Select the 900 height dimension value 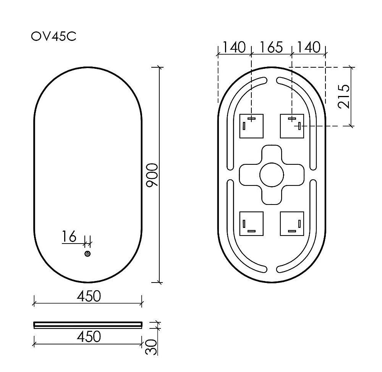click(152, 175)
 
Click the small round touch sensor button click(87, 254)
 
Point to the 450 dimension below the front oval click(89, 296)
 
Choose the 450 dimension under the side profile click(89, 337)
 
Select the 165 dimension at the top click(271, 47)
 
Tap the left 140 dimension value click(234, 47)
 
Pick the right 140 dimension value click(308, 47)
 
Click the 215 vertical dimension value click(344, 96)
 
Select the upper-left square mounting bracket click(251, 126)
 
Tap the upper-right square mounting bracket click(292, 126)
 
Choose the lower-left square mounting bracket click(251, 224)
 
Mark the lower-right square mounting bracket click(292, 224)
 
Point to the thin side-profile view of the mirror click(88, 325)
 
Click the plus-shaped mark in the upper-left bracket click(251, 119)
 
